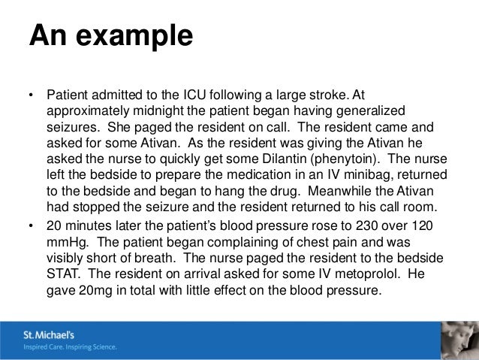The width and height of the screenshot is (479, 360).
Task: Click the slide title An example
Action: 110,36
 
